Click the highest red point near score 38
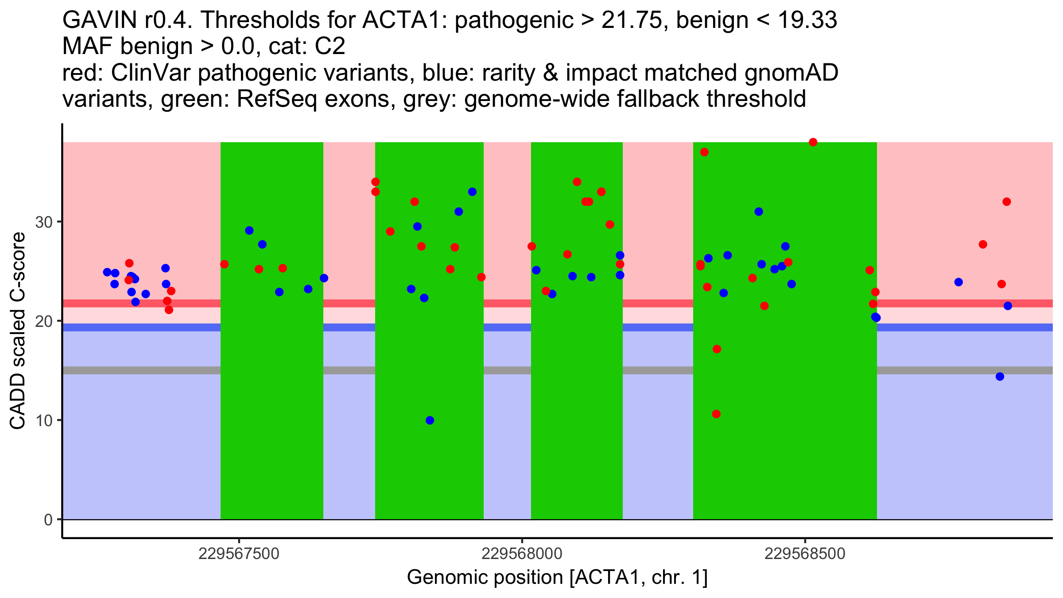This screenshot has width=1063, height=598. coord(813,142)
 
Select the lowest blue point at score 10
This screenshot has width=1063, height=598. coord(430,420)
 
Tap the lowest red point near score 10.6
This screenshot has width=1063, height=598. coord(716,414)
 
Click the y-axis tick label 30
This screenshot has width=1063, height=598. coord(44,222)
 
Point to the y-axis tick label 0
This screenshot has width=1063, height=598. coord(48,520)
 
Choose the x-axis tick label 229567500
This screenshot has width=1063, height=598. coord(239,554)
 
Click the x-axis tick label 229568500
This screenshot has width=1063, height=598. coord(805,554)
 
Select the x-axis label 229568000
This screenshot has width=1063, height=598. coord(522,554)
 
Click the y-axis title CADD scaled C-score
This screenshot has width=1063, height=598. coord(18,331)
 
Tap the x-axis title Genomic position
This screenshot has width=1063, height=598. coord(557,578)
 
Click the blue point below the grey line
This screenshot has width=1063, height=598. coord(1000,377)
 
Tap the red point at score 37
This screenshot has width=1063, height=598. coord(704,152)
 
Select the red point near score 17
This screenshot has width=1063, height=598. coord(717,349)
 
